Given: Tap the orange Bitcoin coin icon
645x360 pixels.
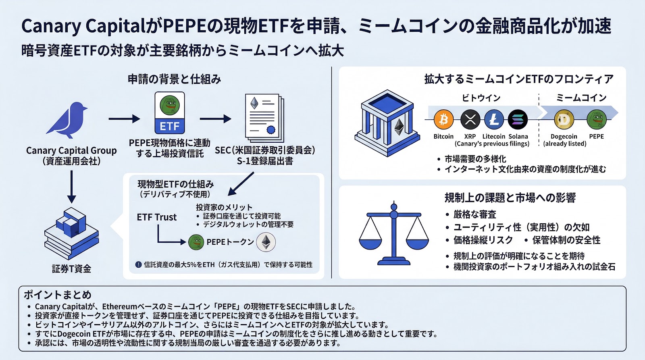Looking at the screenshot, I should (443, 119).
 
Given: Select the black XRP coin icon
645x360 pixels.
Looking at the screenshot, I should (470, 119).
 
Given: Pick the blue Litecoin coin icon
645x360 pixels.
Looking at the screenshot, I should (494, 119).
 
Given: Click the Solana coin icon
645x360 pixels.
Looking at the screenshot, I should (518, 119).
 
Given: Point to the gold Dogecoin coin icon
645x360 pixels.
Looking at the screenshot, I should (564, 119).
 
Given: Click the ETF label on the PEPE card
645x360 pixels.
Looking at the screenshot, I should (170, 126).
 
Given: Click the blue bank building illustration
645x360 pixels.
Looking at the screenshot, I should (386, 123).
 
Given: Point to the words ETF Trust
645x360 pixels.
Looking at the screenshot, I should (156, 217).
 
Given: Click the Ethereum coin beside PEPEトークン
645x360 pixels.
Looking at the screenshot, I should (266, 242).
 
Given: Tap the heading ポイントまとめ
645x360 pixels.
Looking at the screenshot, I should (58, 295).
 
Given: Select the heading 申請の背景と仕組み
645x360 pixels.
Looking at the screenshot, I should (174, 79).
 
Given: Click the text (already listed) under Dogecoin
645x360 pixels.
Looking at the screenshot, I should (564, 144).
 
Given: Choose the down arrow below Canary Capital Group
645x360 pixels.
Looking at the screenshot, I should (71, 187).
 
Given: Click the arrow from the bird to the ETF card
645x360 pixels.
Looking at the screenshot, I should (124, 119).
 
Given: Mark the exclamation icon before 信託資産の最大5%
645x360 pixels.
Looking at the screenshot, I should (138, 264).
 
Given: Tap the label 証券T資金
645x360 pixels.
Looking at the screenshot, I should (71, 269).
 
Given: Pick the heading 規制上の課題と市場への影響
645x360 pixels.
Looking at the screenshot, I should (510, 198).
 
